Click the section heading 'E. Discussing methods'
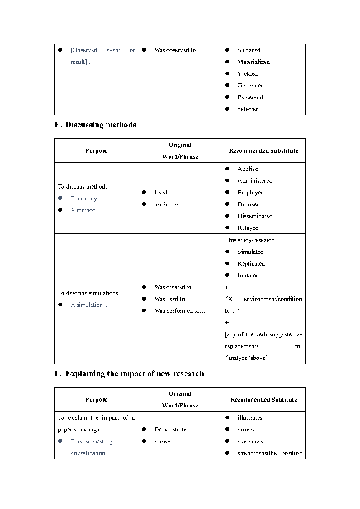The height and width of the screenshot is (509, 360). [95, 125]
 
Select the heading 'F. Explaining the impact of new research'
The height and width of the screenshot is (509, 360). [129, 374]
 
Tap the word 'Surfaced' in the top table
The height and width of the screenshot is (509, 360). [248, 50]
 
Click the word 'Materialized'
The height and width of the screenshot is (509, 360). [253, 62]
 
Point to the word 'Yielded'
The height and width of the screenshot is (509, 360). [247, 74]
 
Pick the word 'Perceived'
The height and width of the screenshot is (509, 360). [250, 97]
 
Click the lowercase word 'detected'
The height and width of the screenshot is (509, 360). [248, 109]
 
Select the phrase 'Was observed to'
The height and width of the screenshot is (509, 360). [175, 50]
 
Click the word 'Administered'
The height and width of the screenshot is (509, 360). [255, 181]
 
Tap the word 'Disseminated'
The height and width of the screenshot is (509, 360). [255, 216]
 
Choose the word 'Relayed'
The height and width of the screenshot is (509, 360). [248, 228]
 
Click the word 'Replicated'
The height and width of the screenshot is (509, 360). [251, 264]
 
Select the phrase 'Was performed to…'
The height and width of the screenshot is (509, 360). [180, 311]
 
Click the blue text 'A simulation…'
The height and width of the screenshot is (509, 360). [90, 305]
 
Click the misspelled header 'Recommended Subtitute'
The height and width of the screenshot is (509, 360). [263, 400]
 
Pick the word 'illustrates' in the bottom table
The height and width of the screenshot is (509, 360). [250, 418]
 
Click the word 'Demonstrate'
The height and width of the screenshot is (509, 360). [170, 430]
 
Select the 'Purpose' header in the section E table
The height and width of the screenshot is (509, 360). [96, 151]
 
